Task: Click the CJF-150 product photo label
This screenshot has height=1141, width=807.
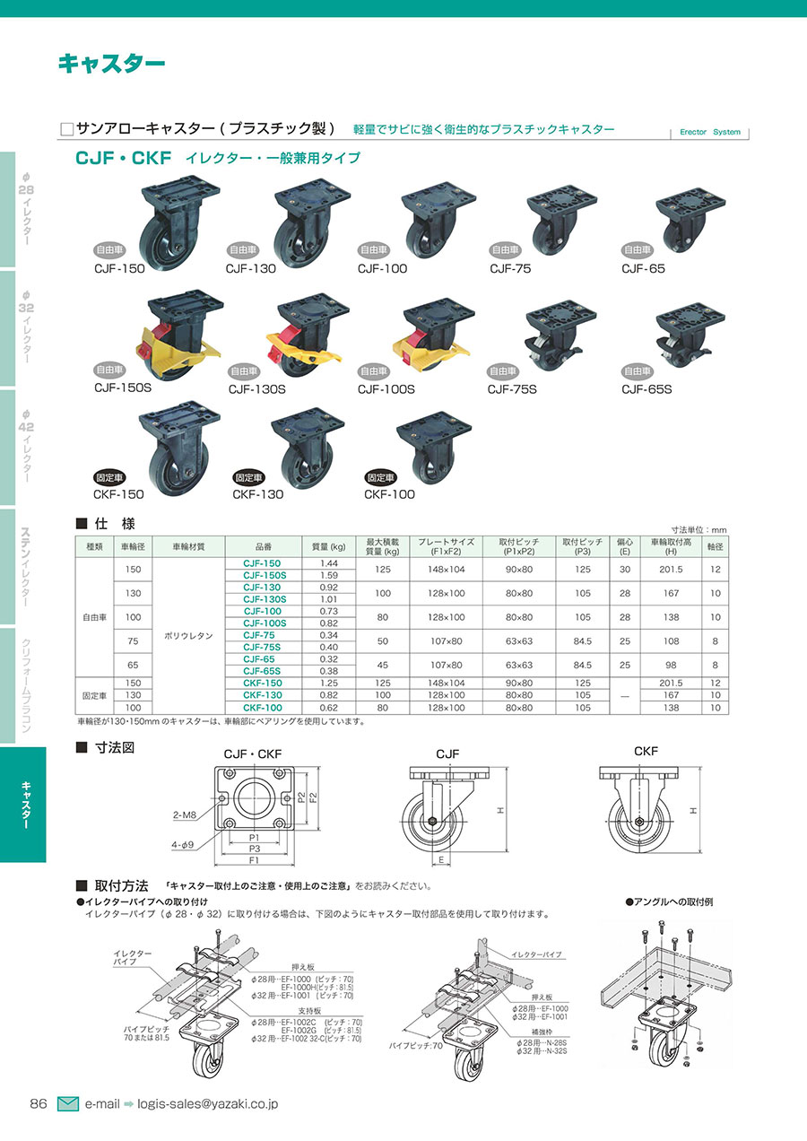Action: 119,268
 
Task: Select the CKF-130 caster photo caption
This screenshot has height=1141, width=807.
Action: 257,494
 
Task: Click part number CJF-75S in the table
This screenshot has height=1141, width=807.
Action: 262,647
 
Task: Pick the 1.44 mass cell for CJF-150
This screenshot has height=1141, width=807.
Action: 329,563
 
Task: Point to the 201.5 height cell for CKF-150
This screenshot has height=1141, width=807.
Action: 671,683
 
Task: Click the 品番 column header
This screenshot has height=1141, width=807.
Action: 264,546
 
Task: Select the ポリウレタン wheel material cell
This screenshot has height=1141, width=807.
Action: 188,636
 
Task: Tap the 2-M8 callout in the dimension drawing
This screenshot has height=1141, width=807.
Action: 185,815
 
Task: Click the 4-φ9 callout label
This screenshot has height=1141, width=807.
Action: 182,845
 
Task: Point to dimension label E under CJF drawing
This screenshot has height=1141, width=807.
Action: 441,860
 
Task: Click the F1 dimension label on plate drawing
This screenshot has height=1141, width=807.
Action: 254,860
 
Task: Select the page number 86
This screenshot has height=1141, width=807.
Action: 39,1104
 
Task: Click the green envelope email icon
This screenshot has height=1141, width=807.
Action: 68,1104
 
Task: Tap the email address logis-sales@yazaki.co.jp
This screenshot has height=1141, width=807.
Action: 208,1104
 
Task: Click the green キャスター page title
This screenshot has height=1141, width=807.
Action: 111,64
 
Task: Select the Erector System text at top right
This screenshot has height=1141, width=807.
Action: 710,132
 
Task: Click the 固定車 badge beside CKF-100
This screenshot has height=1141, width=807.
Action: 381,477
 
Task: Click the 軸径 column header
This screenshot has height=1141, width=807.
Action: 715,546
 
